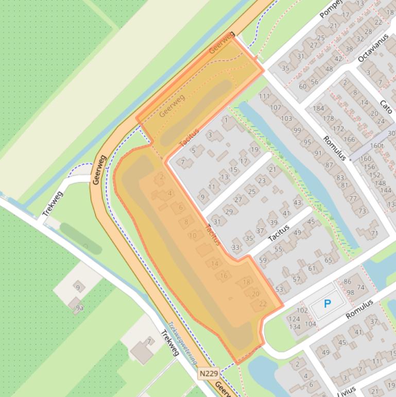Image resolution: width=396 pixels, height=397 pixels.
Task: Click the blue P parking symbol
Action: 327,304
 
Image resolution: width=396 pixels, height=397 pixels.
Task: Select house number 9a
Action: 79,308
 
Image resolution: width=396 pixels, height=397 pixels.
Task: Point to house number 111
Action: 264,96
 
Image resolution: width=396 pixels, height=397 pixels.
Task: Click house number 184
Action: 318,108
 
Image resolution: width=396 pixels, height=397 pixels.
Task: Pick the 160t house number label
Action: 377,145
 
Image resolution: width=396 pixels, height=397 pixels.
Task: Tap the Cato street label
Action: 386,106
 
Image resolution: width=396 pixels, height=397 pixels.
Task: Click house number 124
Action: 294,319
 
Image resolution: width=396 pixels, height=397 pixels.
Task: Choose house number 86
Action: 348,282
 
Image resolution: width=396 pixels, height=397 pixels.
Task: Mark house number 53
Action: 279,289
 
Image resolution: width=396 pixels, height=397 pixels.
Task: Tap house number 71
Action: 374,233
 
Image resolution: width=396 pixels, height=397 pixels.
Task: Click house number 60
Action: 303,86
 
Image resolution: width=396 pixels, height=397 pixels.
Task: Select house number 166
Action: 349,139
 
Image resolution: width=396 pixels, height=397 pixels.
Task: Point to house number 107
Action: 276,107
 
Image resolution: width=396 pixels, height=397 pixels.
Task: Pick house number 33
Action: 235,247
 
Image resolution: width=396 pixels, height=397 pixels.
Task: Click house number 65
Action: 329,260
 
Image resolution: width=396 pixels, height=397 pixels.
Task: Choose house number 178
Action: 329,119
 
